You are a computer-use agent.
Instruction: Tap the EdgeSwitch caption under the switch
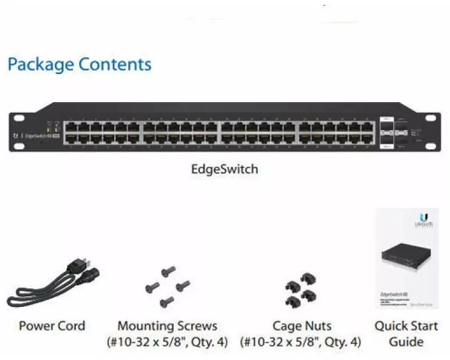224,170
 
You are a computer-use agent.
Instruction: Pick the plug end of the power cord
81,268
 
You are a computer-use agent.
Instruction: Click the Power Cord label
52,326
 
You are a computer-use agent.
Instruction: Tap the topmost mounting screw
169,270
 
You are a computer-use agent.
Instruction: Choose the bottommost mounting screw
167,301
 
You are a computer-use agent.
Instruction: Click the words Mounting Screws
167,326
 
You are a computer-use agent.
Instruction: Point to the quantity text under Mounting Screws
167,342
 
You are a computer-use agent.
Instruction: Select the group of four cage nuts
301,287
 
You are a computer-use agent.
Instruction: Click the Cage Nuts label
301,326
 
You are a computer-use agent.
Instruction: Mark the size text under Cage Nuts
301,342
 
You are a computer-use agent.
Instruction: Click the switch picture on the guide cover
406,259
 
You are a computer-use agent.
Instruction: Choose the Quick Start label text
406,326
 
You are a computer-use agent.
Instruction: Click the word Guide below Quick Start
406,342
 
